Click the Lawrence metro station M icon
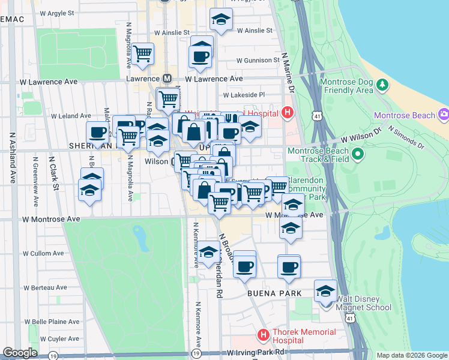167,79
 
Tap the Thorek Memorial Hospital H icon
262,334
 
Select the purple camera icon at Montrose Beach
444,114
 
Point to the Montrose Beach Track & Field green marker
358,155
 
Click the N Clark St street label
54,174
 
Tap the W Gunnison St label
258,61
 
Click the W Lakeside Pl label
244,95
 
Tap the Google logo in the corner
20,353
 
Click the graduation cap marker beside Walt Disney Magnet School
325,292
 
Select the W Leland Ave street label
70,116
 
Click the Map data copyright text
412,355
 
